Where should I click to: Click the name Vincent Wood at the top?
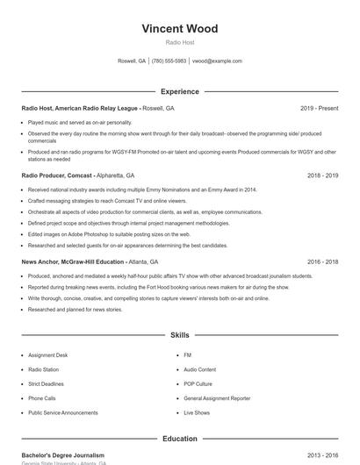179,29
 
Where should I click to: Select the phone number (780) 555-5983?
169,61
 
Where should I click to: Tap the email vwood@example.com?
217,61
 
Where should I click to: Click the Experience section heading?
179,91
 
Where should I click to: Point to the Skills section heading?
179,335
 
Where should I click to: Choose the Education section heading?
179,439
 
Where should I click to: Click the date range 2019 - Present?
319,108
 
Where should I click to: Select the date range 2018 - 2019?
322,175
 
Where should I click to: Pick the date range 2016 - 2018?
322,261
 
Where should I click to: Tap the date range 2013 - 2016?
322,455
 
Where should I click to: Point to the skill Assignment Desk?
47,355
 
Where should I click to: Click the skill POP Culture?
198,383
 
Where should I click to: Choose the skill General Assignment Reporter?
217,398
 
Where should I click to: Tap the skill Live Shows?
197,412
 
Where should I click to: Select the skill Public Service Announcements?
63,412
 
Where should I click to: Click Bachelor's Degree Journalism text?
62,455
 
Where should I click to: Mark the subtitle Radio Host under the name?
179,42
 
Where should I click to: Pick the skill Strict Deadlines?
47,383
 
